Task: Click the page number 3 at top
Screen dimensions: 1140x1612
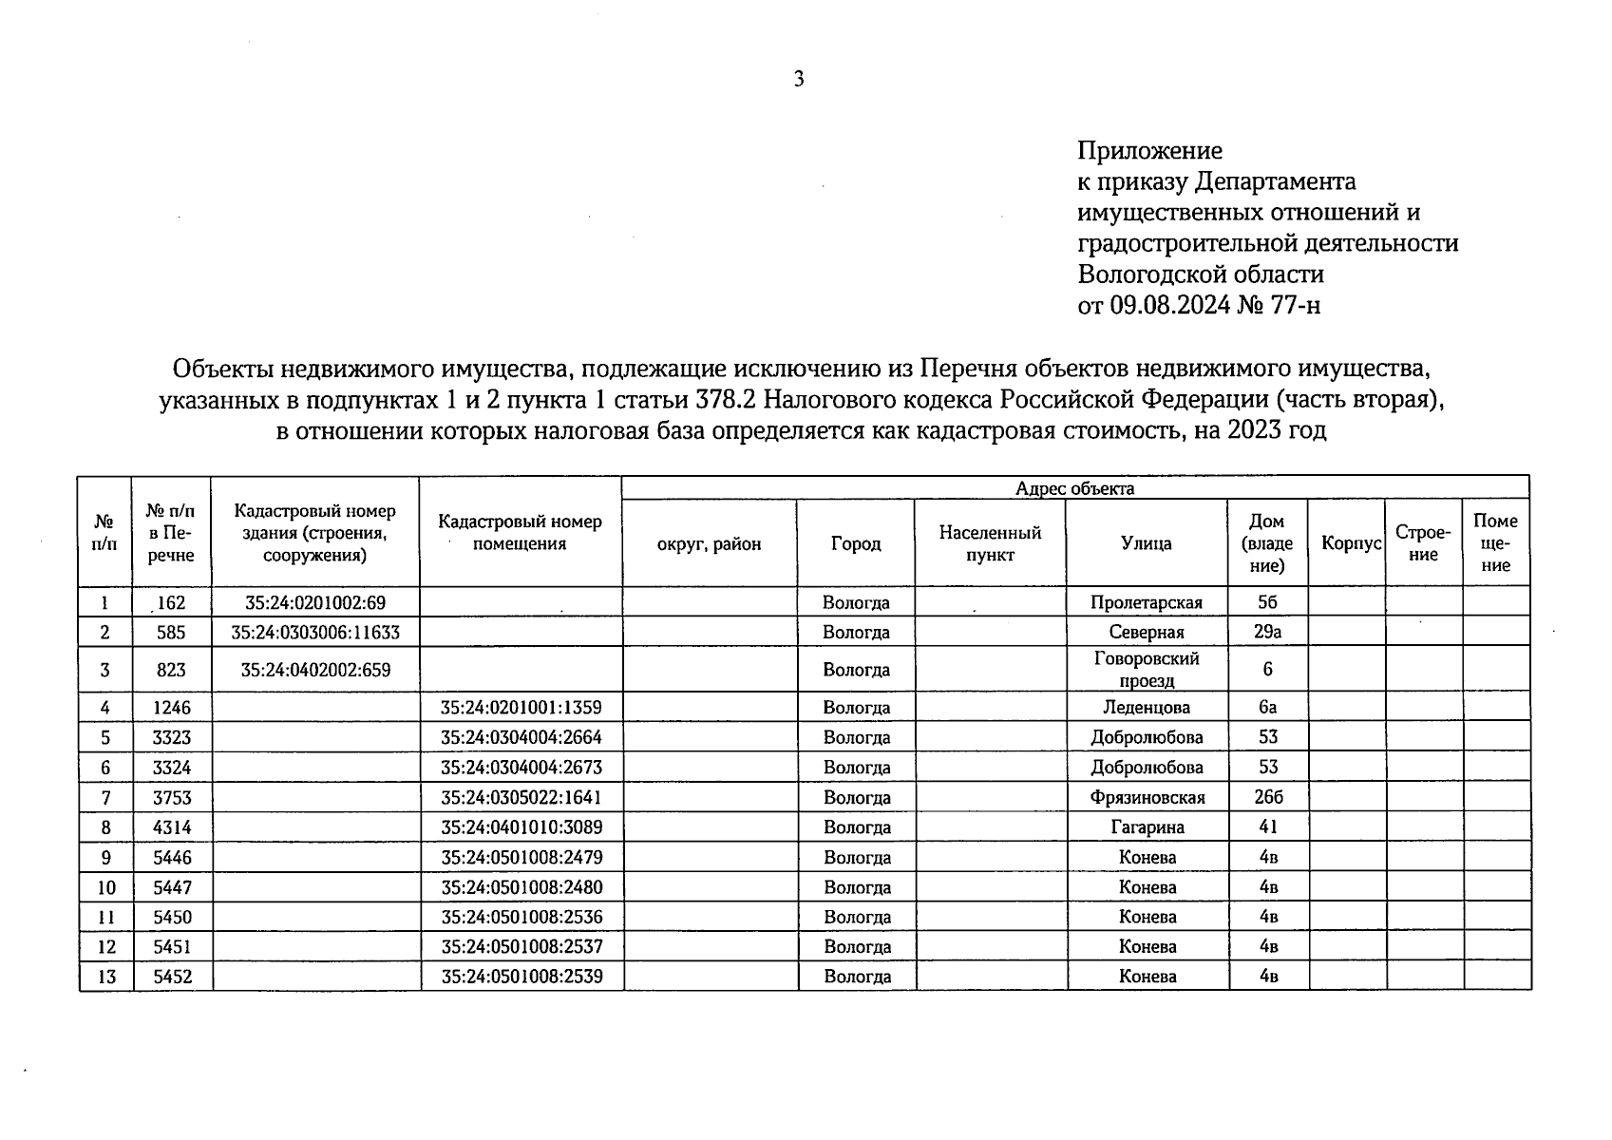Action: (799, 80)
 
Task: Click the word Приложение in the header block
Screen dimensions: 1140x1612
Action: (1149, 151)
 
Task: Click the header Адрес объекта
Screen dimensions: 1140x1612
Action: (1074, 488)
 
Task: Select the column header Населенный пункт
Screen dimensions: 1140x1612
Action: (990, 543)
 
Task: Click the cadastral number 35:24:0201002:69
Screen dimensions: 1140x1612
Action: (315, 602)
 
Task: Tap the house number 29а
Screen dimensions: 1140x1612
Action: (1267, 632)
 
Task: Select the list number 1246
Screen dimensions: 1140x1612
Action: (171, 708)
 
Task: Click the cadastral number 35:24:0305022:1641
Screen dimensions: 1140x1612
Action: (521, 797)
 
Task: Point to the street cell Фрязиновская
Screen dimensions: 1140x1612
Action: (1147, 798)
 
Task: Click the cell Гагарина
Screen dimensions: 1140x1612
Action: (1147, 827)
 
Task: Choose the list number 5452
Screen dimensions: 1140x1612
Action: (171, 977)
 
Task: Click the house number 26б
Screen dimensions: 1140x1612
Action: (1267, 797)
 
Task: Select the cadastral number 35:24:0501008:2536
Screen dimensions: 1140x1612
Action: (521, 918)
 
